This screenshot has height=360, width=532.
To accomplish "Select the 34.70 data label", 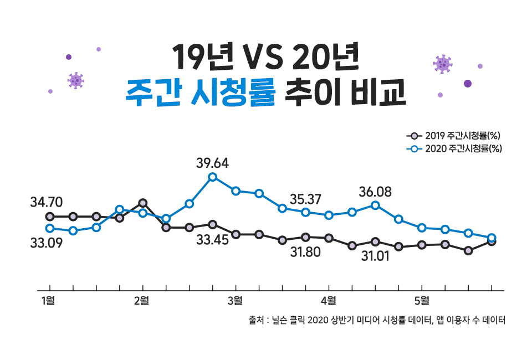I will (46, 202).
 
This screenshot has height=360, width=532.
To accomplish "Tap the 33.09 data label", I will (46, 243).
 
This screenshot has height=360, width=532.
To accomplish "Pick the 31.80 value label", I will (305, 252).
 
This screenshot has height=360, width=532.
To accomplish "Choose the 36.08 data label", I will (375, 192).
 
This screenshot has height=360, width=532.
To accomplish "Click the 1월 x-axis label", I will (48, 301).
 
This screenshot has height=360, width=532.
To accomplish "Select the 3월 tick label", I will (235, 301).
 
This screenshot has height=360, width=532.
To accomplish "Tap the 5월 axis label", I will (421, 301).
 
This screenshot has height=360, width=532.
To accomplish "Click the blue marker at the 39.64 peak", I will (212, 177).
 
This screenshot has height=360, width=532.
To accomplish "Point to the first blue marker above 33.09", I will (50, 228).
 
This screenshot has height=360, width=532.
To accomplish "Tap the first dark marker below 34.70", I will (50, 216).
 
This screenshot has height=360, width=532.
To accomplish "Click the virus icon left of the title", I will (75, 80).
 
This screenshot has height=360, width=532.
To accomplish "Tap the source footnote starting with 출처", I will (377, 321).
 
